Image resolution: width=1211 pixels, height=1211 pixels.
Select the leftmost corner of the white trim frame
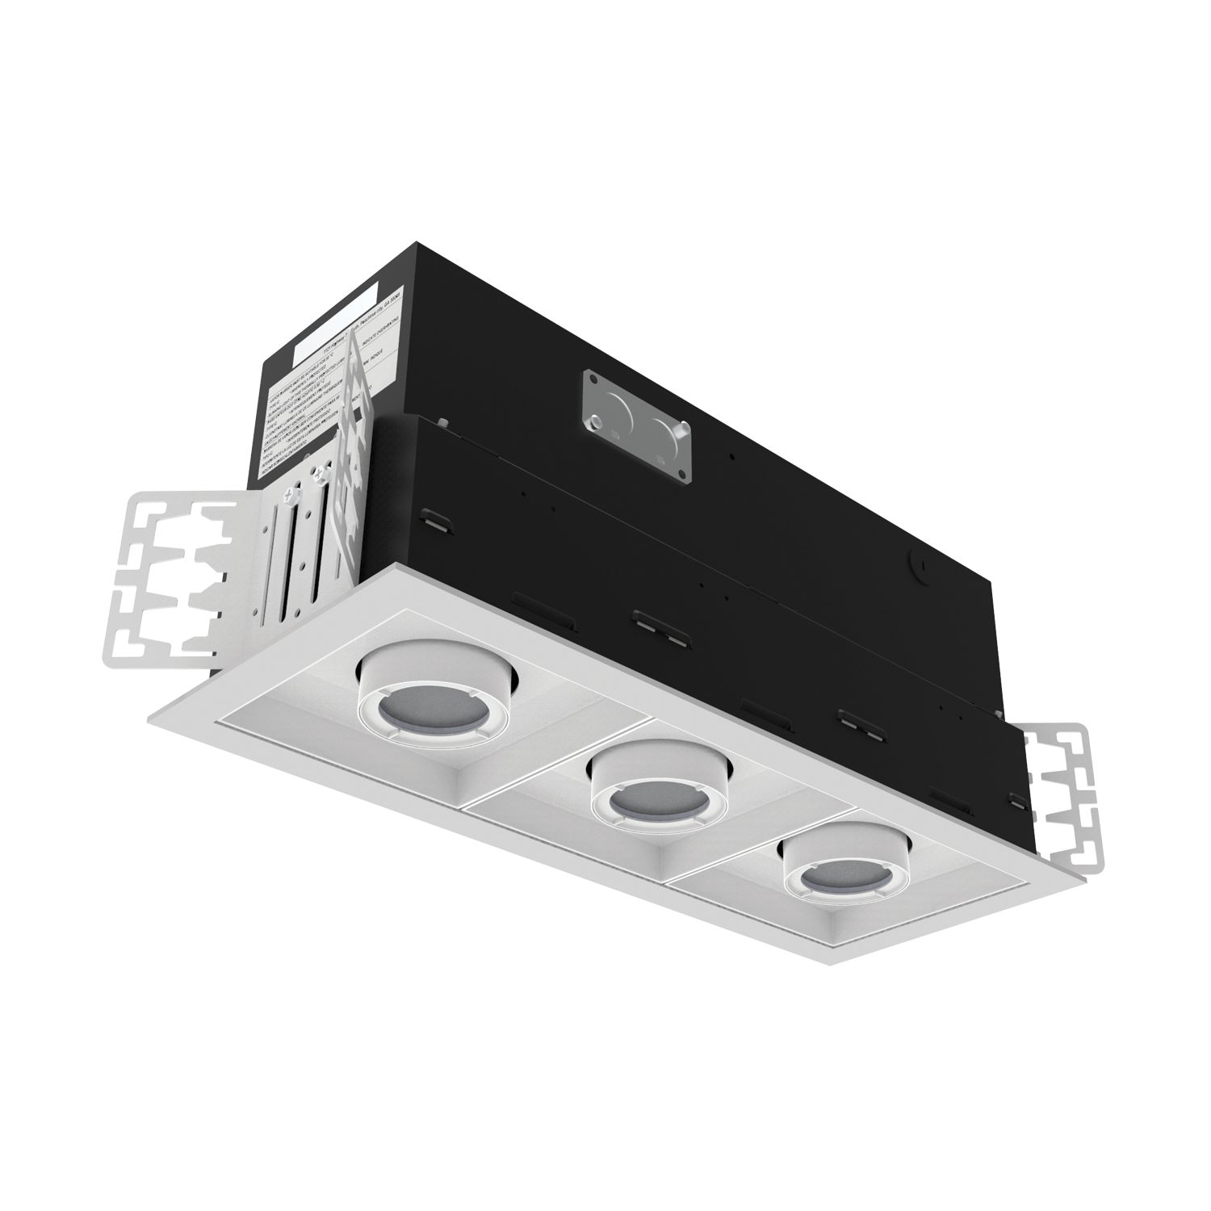point(149,715)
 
